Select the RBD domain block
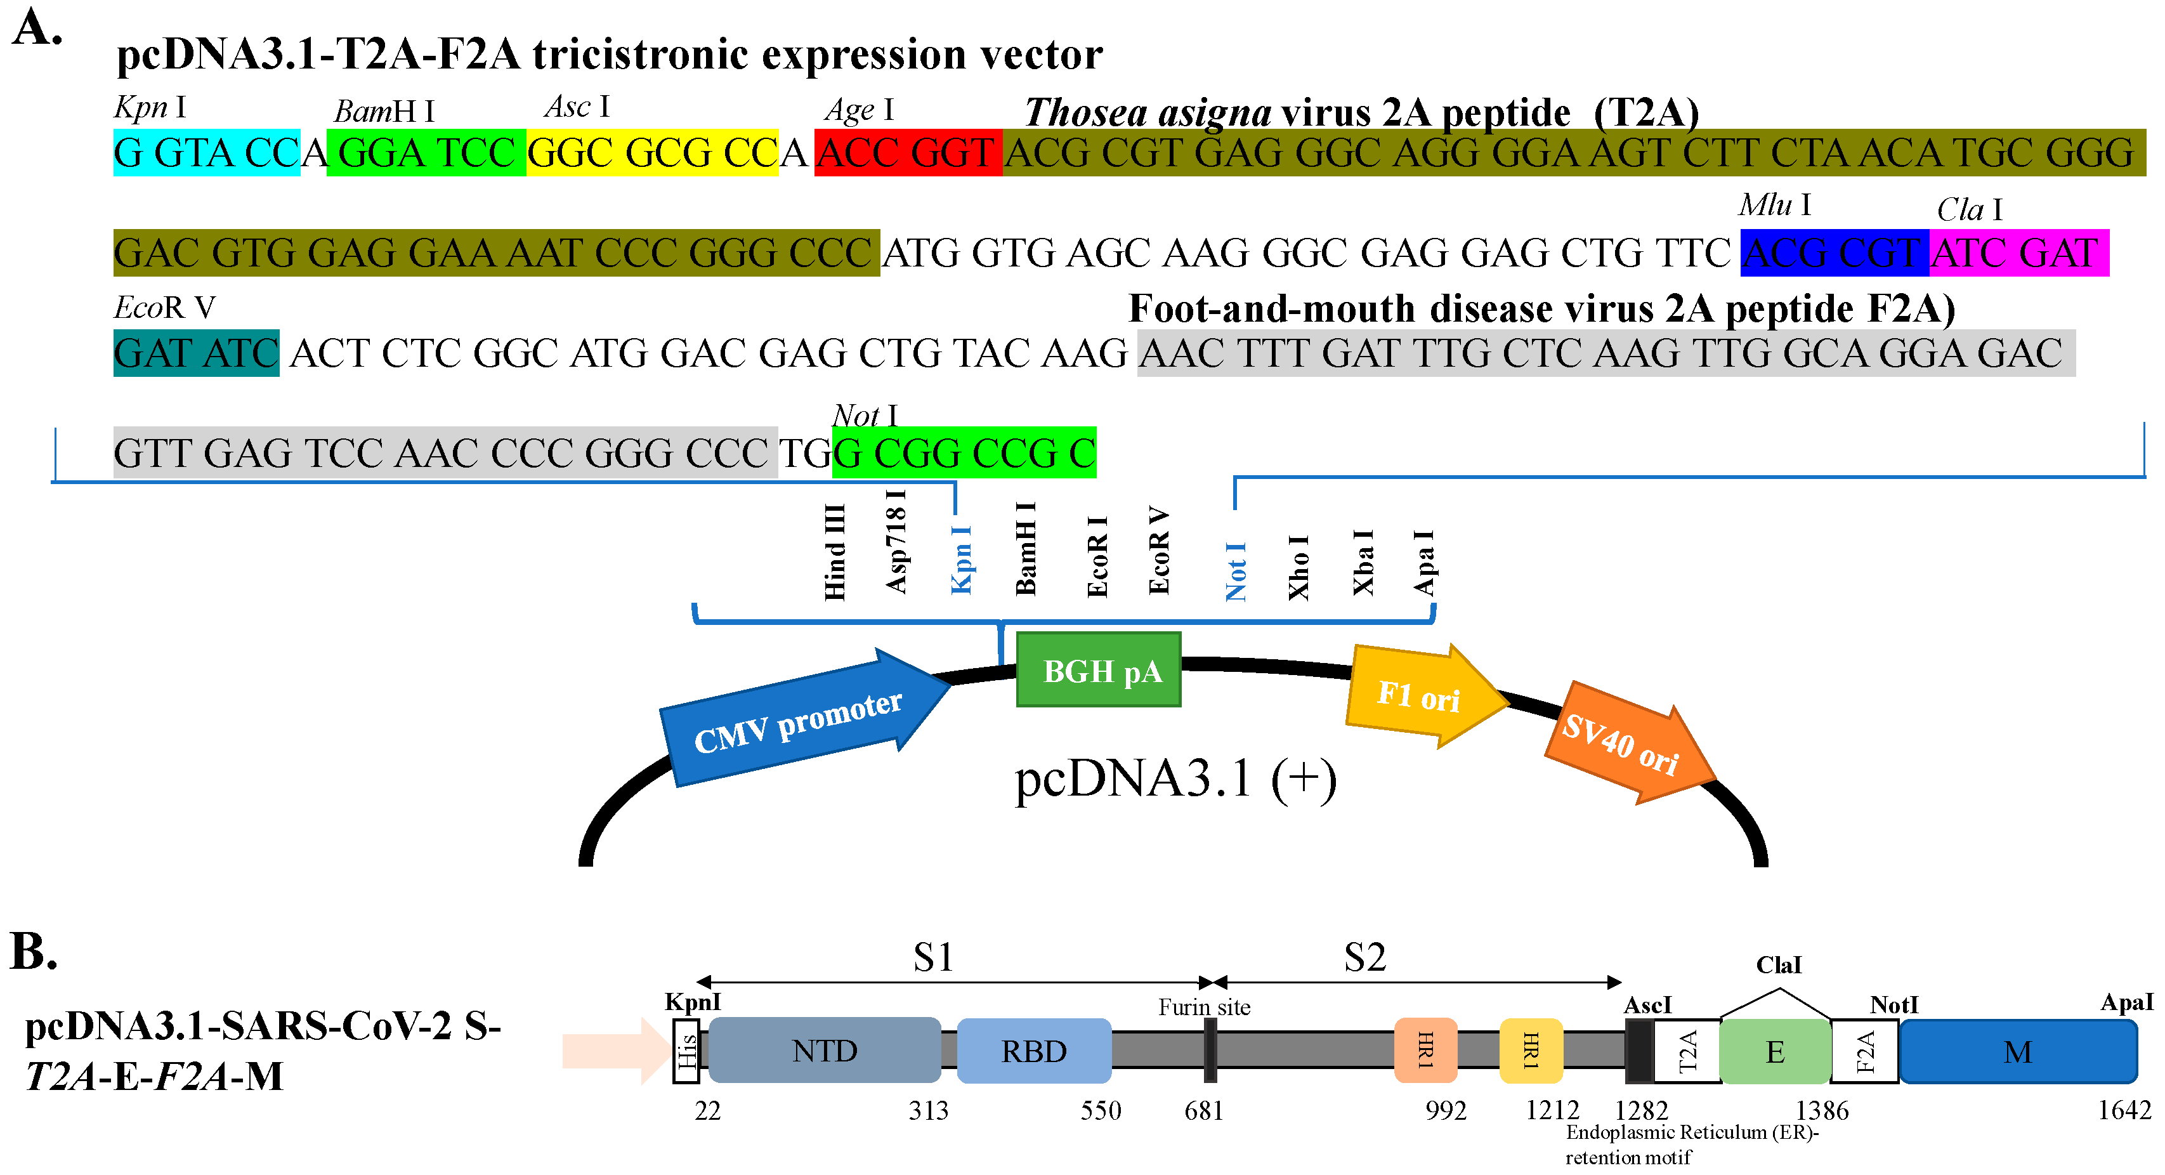[x=1034, y=1051]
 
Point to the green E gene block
[x=1774, y=1051]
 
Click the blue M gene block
[x=2017, y=1051]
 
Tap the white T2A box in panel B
[x=1686, y=1051]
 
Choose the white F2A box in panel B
[x=1864, y=1051]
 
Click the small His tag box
[x=686, y=1051]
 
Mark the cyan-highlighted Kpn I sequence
[x=207, y=153]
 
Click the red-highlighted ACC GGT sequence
[x=908, y=153]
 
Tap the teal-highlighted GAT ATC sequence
[x=196, y=353]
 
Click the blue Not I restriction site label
[x=1236, y=572]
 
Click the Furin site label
[x=1203, y=1007]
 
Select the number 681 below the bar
[x=1203, y=1111]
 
